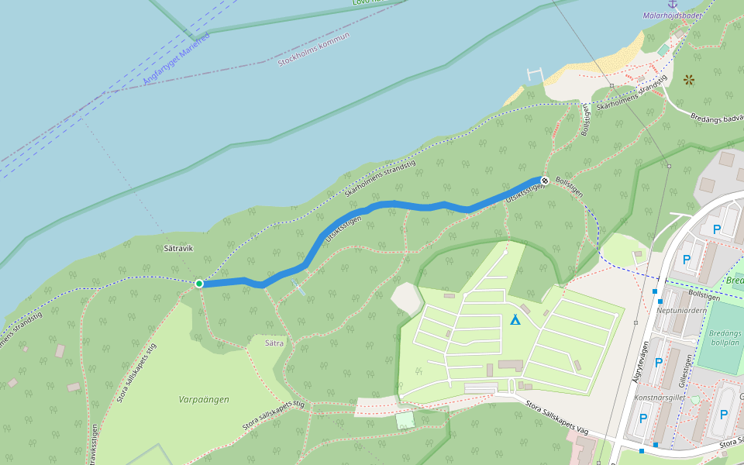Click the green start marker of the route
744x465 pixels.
click(x=199, y=284)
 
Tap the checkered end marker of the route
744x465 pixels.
click(x=545, y=181)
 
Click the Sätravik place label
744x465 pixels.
click(x=178, y=249)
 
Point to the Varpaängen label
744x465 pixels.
click(x=204, y=400)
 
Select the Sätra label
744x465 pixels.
click(x=274, y=343)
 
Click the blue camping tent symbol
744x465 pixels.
click(x=515, y=319)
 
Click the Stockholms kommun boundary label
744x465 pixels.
click(x=314, y=49)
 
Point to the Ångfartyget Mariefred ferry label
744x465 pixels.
click(x=177, y=59)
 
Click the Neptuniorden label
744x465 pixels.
click(x=682, y=310)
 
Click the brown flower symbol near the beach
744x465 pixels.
click(x=689, y=79)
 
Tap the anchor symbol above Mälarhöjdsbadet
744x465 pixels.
click(x=672, y=4)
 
